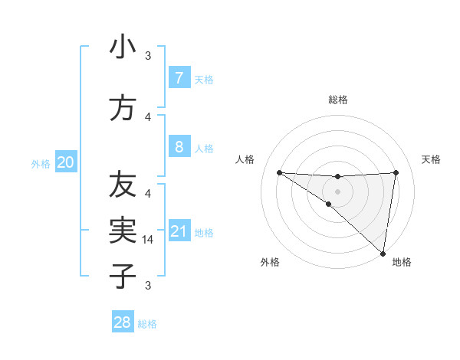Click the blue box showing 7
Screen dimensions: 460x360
point(179,77)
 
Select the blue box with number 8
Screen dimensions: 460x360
point(179,146)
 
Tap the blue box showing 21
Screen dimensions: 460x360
point(179,231)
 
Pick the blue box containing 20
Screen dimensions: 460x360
point(66,162)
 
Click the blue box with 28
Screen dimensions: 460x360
point(123,322)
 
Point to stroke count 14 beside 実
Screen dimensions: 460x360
point(148,240)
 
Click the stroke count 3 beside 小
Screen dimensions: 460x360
point(148,56)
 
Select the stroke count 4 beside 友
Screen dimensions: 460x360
point(148,193)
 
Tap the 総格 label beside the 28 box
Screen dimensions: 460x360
point(147,324)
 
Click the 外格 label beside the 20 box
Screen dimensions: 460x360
point(41,164)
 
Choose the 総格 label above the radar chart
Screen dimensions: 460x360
point(337,100)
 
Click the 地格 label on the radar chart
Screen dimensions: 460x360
point(402,262)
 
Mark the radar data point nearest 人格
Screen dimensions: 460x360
point(279,172)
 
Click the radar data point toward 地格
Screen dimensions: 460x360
point(383,253)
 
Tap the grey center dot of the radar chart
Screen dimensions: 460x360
point(337,190)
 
